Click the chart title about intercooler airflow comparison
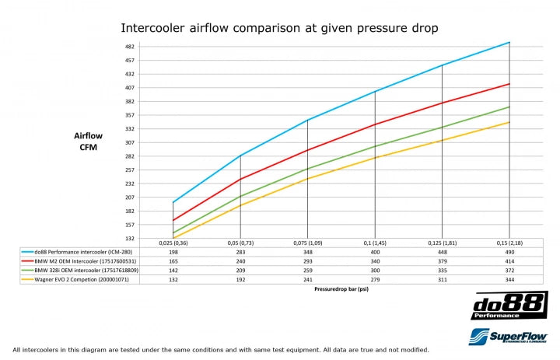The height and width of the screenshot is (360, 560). click(279, 28)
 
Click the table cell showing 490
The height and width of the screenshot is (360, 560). click(509, 252)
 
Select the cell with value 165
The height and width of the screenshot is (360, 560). click(173, 261)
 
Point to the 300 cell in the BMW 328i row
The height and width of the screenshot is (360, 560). click(375, 271)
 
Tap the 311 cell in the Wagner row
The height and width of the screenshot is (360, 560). click(442, 279)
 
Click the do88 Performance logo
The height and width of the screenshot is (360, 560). click(509, 306)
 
